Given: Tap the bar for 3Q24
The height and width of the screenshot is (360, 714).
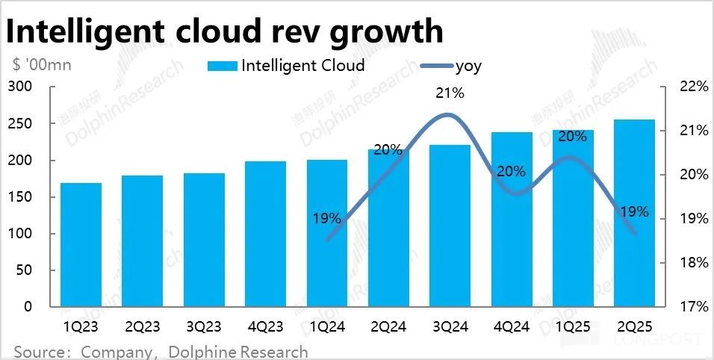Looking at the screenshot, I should pyautogui.click(x=450, y=225).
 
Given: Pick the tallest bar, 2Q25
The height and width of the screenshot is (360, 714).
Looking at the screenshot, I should pyautogui.click(x=634, y=213).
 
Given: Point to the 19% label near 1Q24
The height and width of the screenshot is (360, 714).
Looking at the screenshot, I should pyautogui.click(x=326, y=219).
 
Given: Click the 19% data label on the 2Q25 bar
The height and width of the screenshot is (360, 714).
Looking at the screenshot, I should pyautogui.click(x=635, y=211).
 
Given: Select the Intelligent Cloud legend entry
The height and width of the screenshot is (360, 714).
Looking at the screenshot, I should pyautogui.click(x=287, y=66).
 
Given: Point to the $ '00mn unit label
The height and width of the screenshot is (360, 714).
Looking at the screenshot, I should pyautogui.click(x=42, y=64).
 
